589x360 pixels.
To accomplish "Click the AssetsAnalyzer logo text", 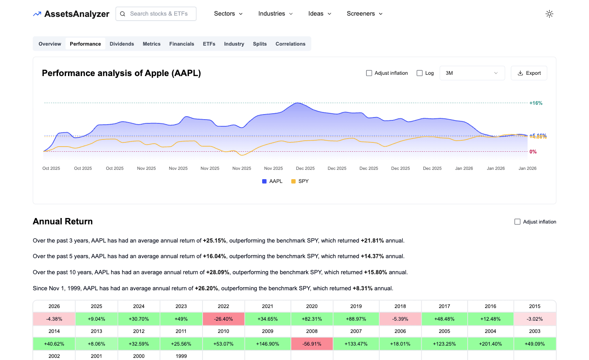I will coord(77,14).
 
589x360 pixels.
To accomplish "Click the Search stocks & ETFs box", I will coord(156,14).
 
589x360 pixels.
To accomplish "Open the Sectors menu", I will coord(228,14).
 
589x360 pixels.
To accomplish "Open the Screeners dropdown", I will coord(364,14).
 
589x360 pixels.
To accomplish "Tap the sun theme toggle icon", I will coord(549,14).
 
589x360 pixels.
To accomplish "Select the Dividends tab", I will coord(122,44).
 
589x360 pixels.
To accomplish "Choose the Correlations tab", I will coord(290,44).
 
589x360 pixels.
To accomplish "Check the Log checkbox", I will coord(420,73).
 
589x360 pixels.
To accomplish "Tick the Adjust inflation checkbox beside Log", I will coord(369,73).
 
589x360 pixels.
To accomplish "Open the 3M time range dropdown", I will coord(472,73).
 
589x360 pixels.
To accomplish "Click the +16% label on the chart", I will coord(536,103).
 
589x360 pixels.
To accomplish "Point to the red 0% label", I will coord(533,152).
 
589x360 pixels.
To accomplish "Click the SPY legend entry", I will coord(300,181).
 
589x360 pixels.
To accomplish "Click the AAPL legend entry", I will coord(272,181).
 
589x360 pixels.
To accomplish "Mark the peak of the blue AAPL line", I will coord(298,103).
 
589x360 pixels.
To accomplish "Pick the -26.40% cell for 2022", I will coord(224,319).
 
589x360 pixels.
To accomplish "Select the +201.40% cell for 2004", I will coord(490,344).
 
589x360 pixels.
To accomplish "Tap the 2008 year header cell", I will coord(312,331).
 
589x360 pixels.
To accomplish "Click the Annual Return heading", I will coord(63,221).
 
